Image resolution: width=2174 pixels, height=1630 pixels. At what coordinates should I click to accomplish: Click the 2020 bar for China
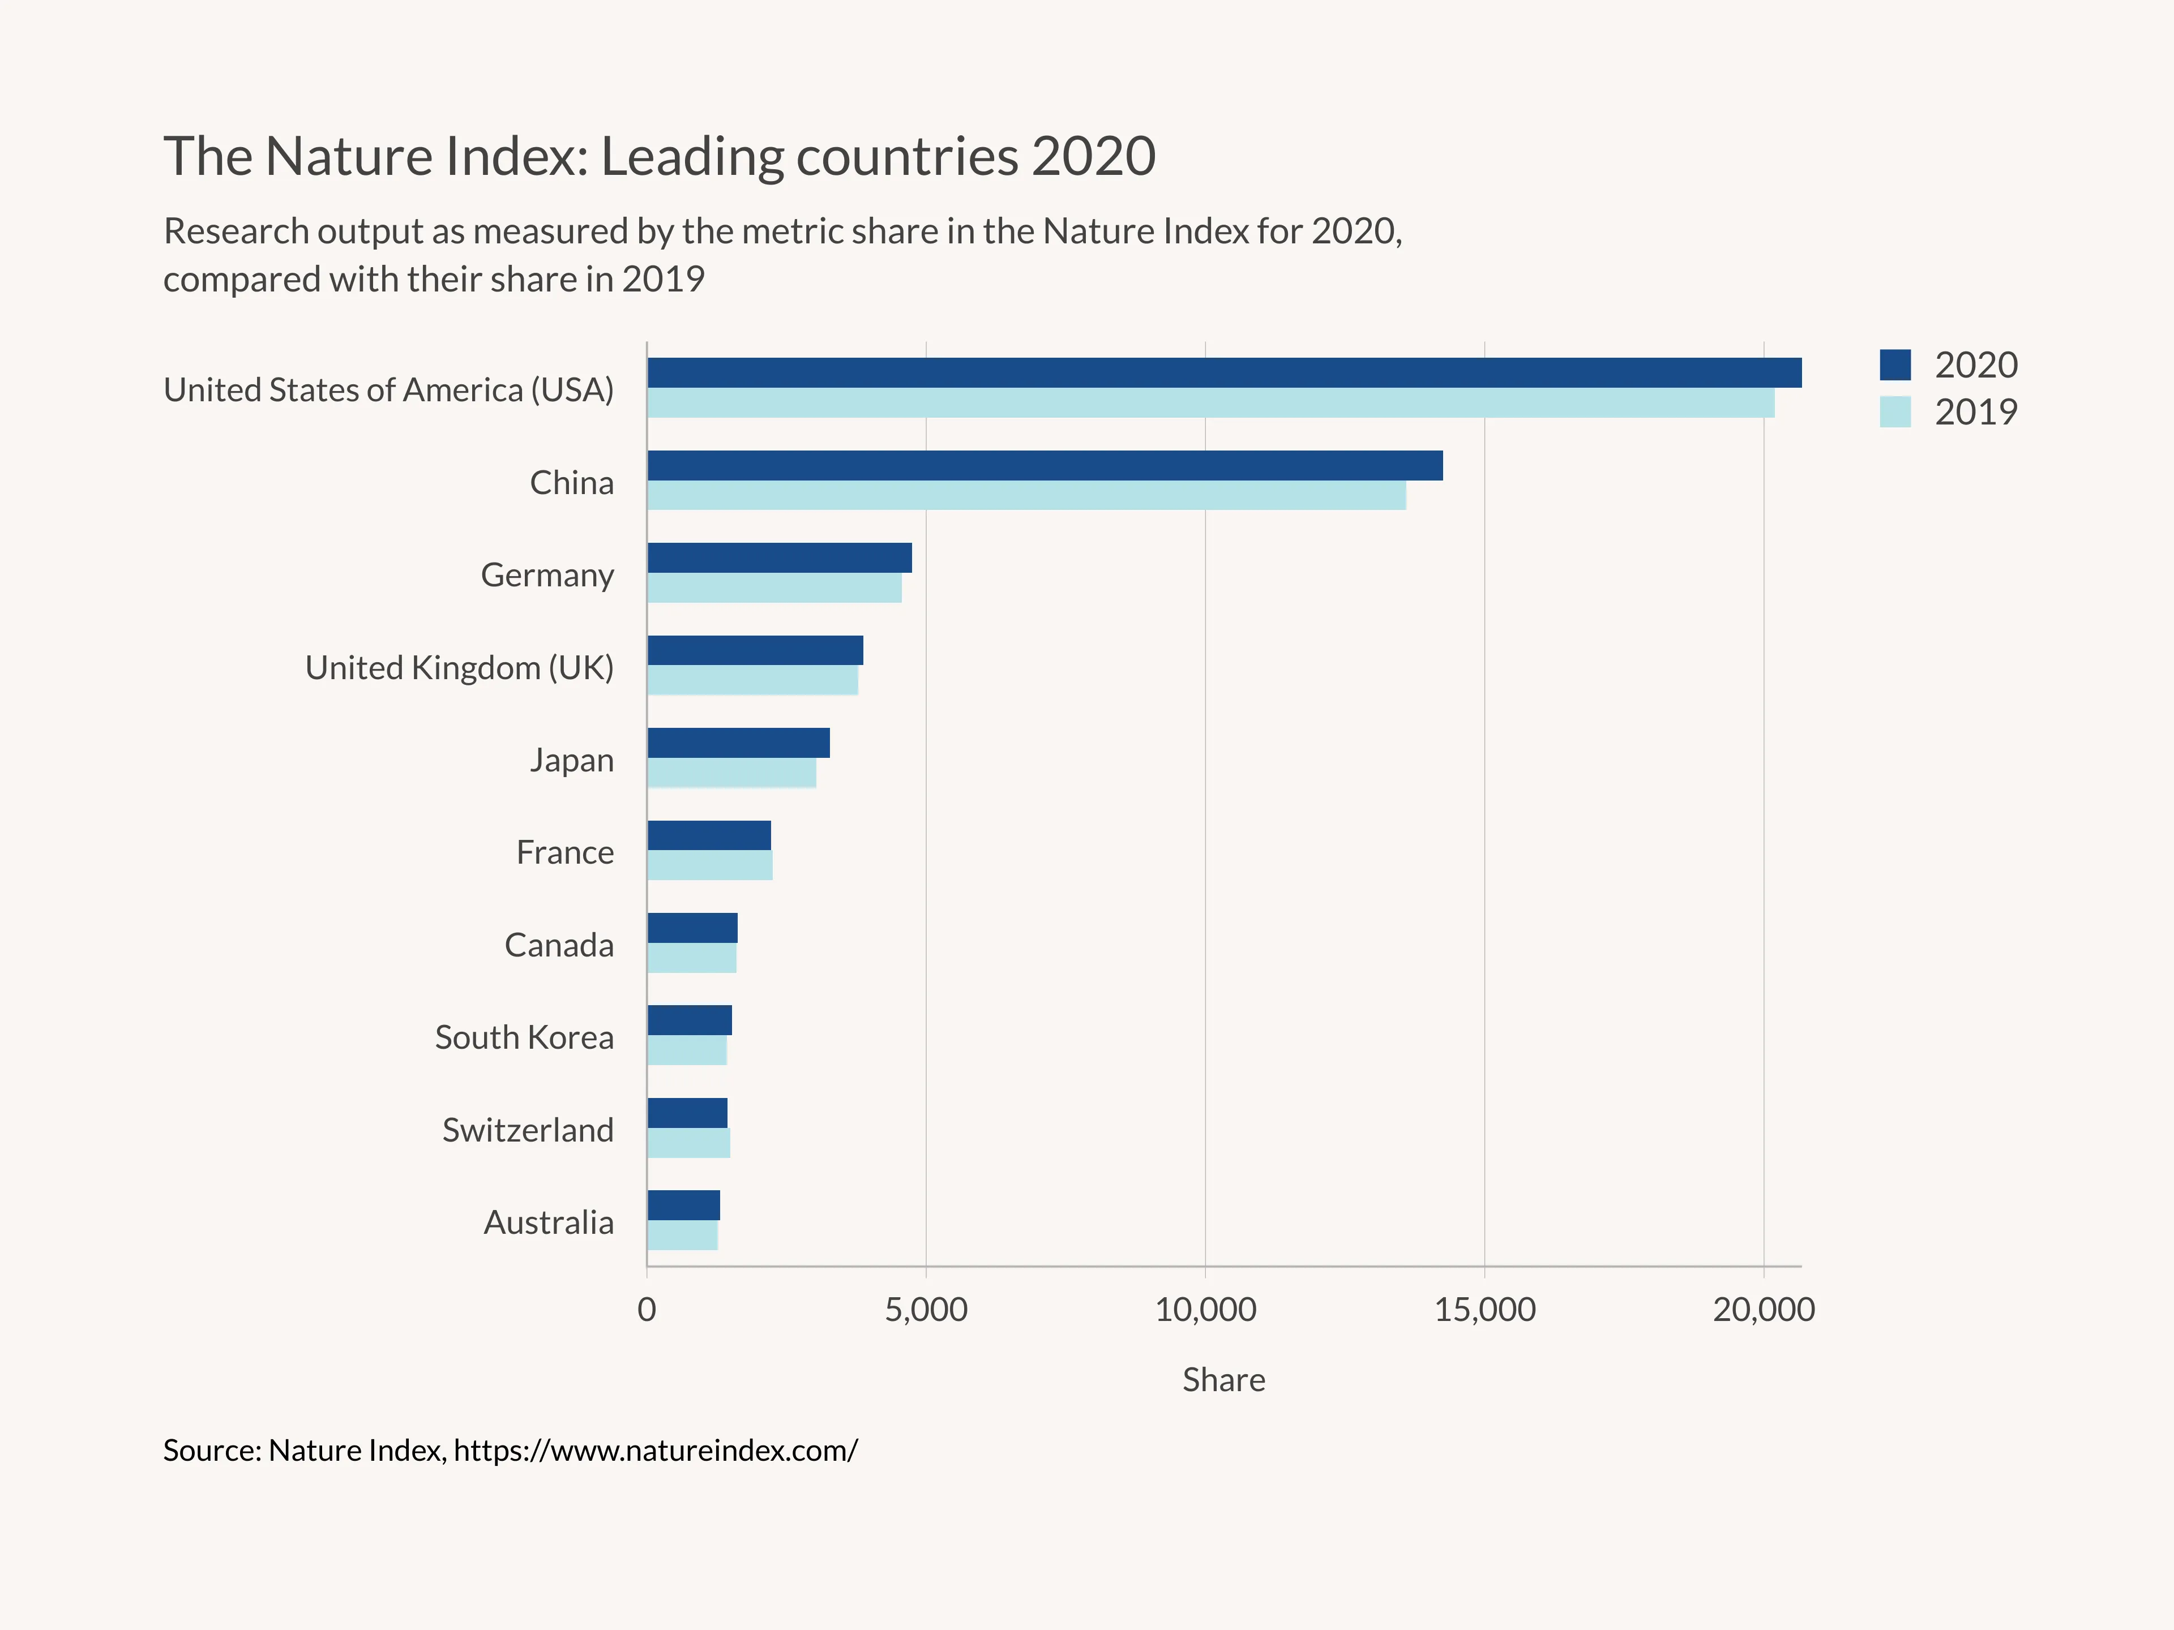tap(1044, 466)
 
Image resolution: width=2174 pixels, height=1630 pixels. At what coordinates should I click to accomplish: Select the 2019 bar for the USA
tap(1210, 403)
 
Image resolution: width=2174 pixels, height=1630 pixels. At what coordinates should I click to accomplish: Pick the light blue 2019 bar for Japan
tap(731, 773)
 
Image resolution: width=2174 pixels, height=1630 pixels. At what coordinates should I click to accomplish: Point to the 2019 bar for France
tap(709, 865)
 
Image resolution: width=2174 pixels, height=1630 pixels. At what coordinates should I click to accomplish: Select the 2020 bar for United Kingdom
tap(755, 650)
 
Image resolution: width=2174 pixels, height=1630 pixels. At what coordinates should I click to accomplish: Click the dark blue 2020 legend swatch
tap(1895, 364)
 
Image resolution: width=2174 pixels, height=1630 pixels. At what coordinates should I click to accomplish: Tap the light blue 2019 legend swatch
tap(1895, 411)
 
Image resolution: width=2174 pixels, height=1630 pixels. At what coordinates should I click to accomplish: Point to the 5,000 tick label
tap(926, 1310)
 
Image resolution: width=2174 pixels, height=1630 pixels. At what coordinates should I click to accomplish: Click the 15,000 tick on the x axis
tap(1484, 1310)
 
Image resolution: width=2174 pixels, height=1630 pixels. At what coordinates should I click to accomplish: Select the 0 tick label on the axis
tap(647, 1310)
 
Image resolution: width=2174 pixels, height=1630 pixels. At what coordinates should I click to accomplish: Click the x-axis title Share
tap(1223, 1379)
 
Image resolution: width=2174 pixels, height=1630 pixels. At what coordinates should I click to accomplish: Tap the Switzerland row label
tap(528, 1130)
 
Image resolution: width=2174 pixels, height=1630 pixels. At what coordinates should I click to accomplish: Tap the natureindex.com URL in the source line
tap(656, 1450)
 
